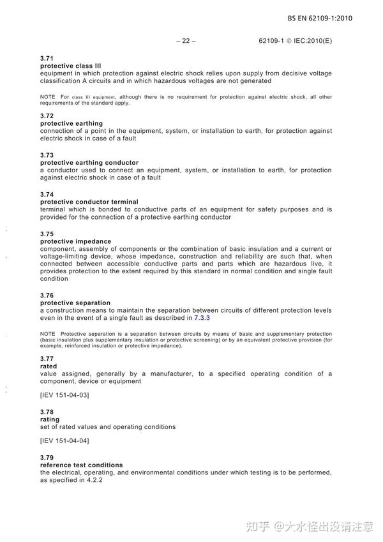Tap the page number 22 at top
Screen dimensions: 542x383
click(185, 41)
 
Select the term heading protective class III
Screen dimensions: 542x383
click(70, 66)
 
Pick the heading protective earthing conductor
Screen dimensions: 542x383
click(89, 163)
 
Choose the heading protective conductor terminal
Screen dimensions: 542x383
click(89, 202)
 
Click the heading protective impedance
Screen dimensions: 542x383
click(75, 241)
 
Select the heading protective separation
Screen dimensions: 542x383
click(75, 303)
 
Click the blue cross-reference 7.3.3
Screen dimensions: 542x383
click(202, 318)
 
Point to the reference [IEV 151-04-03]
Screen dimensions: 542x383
click(64, 395)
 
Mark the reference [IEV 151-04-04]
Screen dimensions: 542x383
click(64, 441)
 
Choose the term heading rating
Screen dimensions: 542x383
click(49, 419)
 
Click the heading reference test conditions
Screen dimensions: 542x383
click(81, 465)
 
